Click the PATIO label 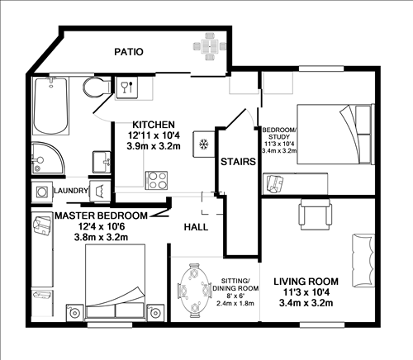coord(128,52)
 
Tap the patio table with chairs coord(207,46)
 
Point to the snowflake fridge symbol coord(201,144)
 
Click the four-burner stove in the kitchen coord(156,179)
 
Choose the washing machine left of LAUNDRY coord(40,190)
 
